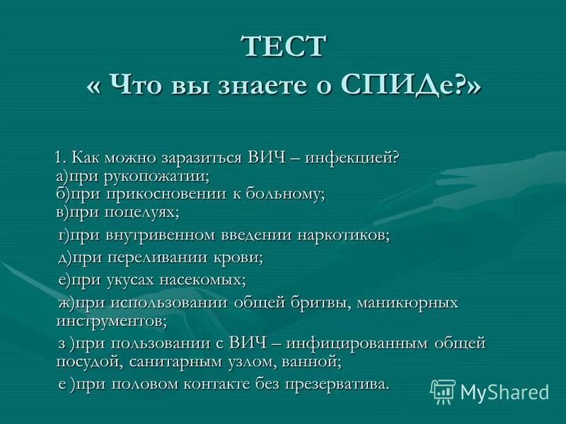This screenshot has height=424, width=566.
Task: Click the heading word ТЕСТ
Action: coord(284,47)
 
